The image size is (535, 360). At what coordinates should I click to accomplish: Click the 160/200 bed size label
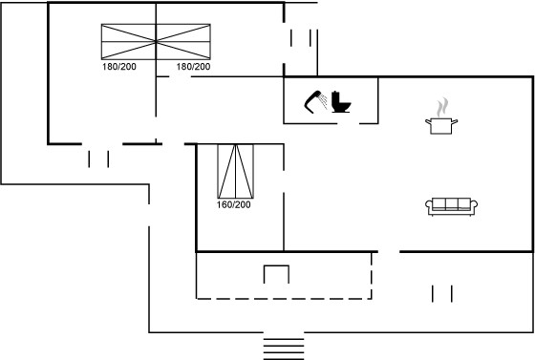point(233,204)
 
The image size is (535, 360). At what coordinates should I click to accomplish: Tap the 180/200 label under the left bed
point(119,67)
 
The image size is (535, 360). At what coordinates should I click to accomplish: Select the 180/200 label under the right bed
point(193,67)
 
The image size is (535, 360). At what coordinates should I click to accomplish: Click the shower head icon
point(313,101)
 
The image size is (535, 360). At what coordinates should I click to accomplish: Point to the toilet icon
point(341,101)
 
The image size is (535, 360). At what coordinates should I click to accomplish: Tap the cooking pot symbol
point(441,126)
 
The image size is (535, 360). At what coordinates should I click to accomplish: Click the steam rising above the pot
point(441,107)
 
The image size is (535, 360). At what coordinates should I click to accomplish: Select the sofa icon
point(451,206)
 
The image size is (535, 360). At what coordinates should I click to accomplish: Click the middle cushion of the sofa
point(451,203)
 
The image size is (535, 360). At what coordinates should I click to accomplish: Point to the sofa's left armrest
point(429,205)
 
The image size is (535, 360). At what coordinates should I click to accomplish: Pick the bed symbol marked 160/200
point(235,171)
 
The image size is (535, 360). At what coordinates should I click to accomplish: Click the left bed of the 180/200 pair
point(129,42)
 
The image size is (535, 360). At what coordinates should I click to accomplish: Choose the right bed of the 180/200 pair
point(183,42)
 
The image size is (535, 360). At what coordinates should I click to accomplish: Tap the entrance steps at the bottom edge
point(284,349)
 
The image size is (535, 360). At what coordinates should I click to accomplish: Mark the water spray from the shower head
point(324,101)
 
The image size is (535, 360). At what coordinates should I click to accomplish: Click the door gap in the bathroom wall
point(349,123)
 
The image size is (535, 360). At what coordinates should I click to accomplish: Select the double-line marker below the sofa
point(441,294)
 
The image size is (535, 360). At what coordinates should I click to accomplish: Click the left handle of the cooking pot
point(428,121)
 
